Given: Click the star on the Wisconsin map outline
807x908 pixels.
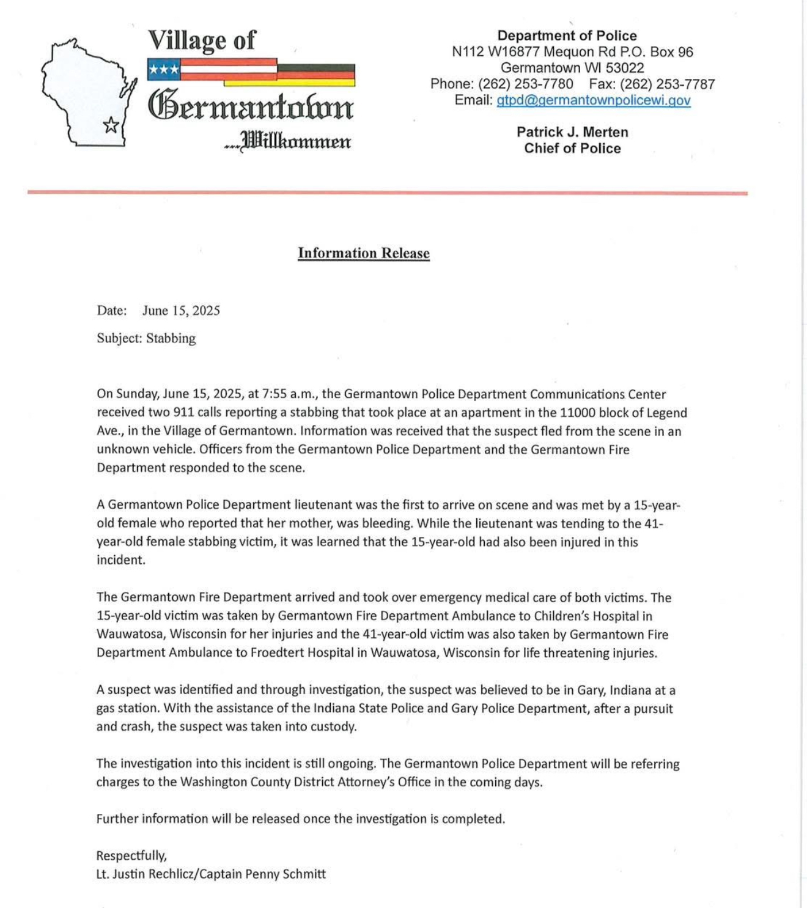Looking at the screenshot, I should coord(111,125).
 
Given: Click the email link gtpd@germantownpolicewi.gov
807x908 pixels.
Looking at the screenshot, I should coord(593,100).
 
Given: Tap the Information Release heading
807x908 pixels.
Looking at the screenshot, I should coord(364,253).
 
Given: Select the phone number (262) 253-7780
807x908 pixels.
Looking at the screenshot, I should coord(525,84).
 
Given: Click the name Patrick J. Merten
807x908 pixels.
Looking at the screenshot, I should coord(572,132).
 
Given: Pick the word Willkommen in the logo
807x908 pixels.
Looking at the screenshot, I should coord(297,142).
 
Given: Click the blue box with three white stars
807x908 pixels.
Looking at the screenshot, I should coord(164,70).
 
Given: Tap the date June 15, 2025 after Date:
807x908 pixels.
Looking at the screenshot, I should coord(181,311).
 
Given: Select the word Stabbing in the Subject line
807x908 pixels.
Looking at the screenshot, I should coord(171,338).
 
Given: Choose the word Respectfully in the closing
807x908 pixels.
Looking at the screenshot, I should coord(131,855).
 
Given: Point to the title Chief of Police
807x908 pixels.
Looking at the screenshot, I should coord(572,148).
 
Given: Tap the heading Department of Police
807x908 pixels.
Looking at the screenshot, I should coord(567,35).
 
